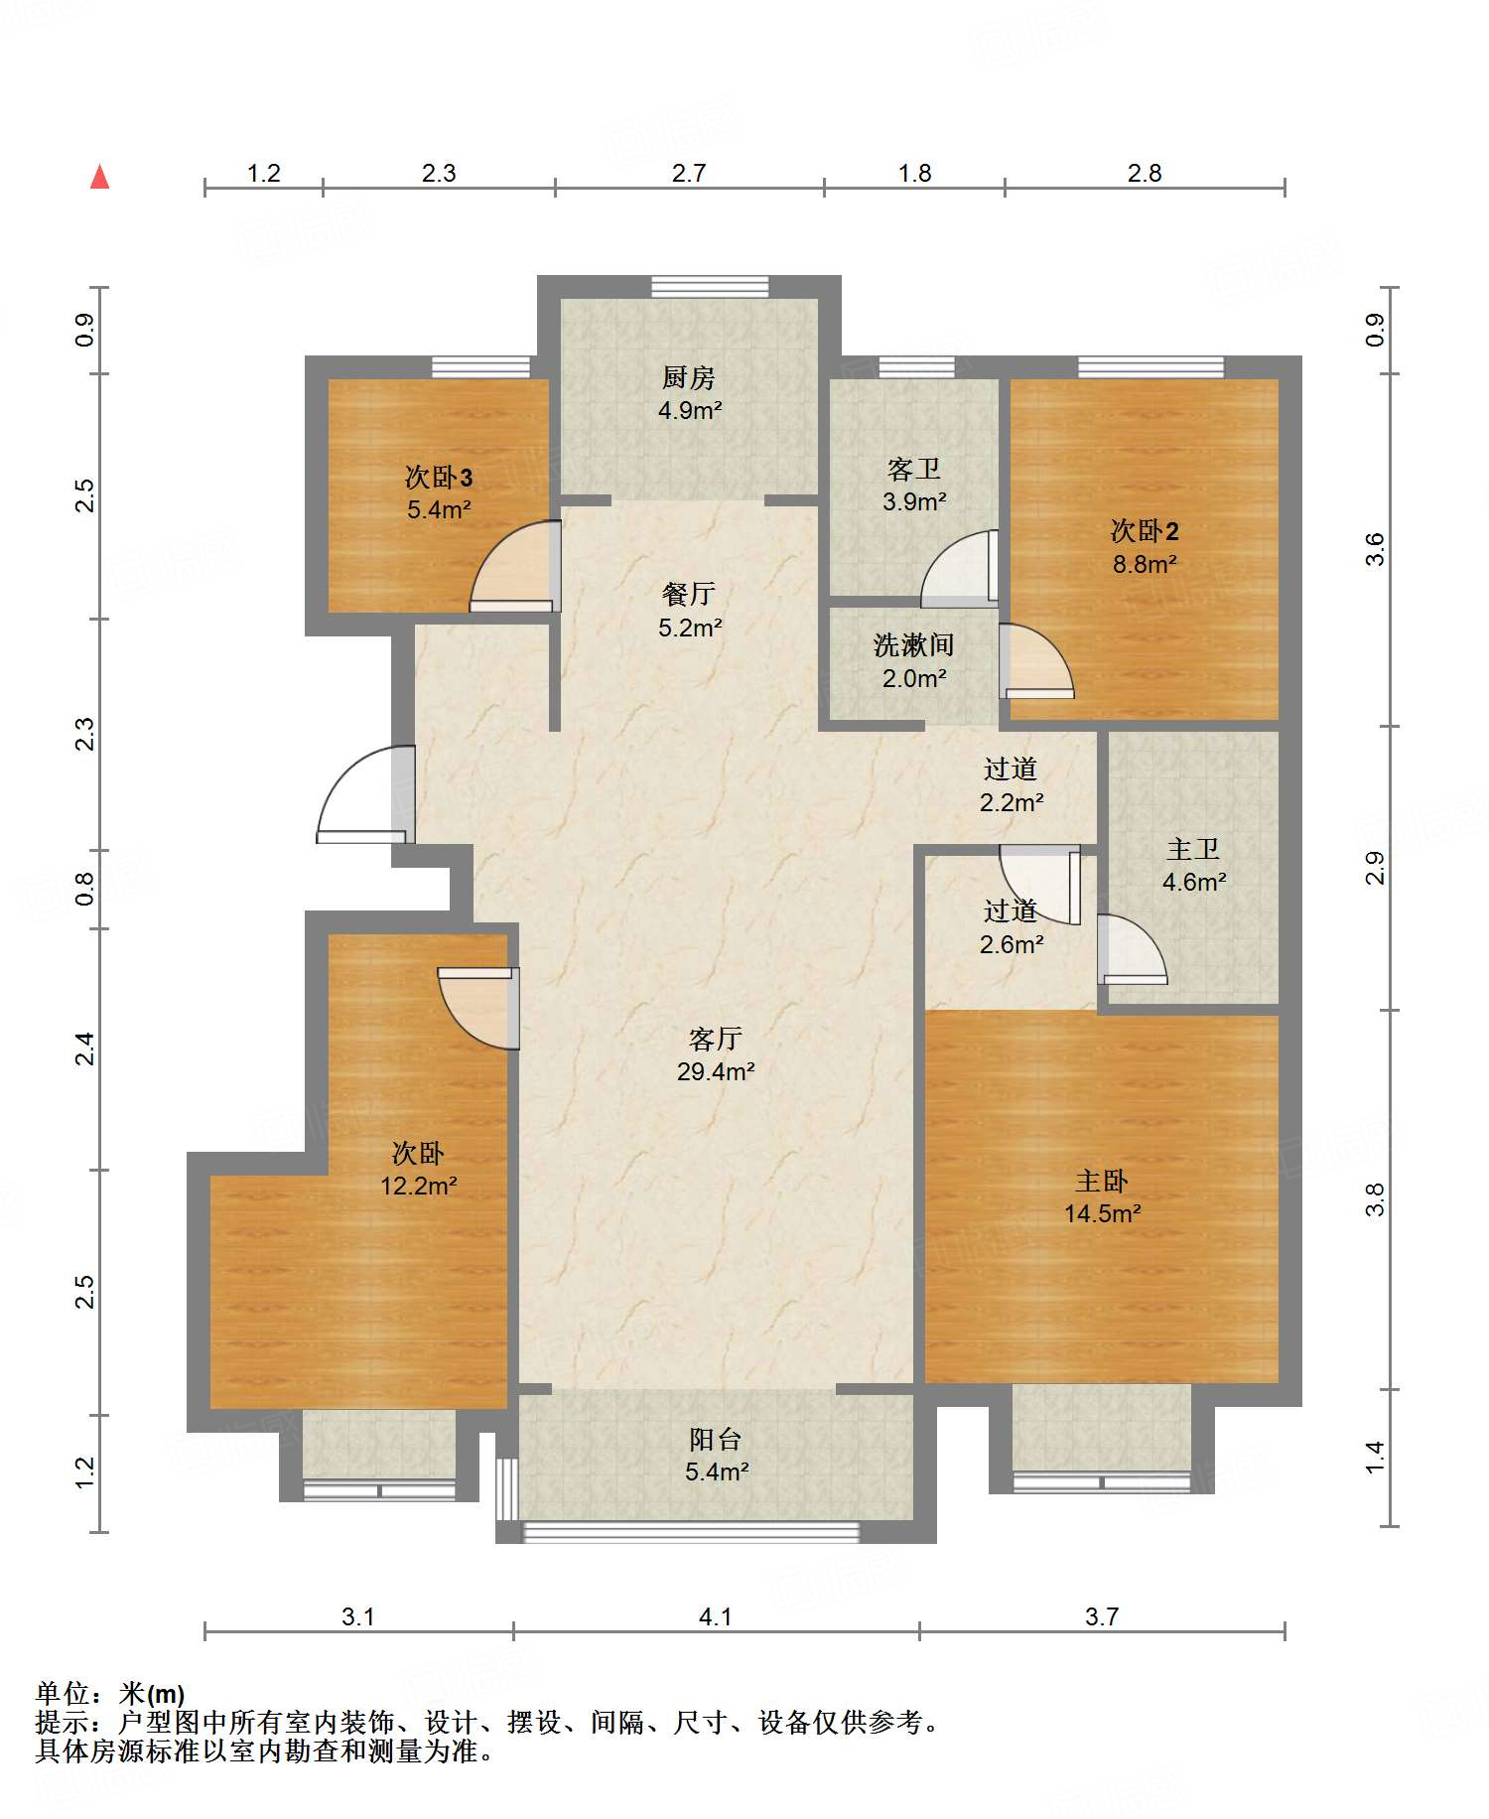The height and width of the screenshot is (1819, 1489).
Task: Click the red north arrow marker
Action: (x=99, y=177)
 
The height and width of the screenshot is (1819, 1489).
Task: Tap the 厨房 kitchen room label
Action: (x=688, y=377)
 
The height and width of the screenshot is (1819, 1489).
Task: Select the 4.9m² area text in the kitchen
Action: (x=690, y=410)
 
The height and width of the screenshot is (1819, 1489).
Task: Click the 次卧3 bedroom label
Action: (x=439, y=478)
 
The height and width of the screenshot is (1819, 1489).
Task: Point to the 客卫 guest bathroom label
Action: (x=913, y=469)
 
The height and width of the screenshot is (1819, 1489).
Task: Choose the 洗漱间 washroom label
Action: (x=913, y=645)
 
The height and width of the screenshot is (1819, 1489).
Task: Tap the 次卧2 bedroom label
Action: (x=1144, y=531)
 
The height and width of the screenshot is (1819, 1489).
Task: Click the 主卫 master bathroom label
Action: (x=1193, y=849)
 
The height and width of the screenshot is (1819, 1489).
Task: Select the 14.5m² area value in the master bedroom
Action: (x=1103, y=1213)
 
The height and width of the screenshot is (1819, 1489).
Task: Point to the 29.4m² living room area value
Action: (x=716, y=1071)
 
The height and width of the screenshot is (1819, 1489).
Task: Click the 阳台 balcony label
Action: (x=716, y=1439)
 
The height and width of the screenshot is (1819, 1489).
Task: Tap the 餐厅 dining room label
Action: (x=689, y=594)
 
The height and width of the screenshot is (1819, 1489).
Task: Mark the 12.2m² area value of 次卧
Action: (x=419, y=1186)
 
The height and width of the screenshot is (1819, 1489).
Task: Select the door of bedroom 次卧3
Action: (x=515, y=566)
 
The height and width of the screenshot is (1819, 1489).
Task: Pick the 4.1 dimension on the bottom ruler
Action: (x=715, y=1616)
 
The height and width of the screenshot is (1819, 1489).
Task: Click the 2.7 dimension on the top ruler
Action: (x=688, y=174)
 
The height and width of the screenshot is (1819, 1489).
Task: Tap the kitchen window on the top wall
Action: (x=710, y=287)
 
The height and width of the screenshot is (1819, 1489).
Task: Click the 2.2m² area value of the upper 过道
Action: (x=1012, y=802)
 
